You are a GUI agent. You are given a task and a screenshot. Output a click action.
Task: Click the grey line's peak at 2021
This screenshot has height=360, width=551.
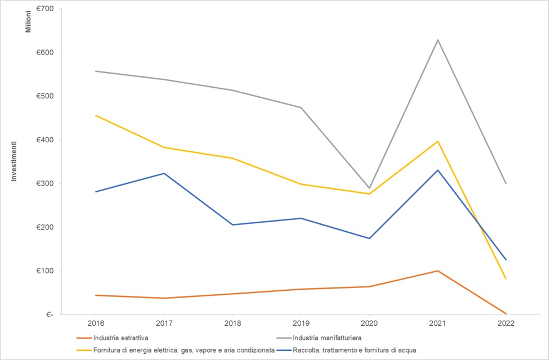[437, 40]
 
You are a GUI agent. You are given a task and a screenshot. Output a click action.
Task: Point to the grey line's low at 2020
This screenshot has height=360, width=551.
[369, 188]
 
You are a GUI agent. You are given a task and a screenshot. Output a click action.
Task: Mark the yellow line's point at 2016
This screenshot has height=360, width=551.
[96, 115]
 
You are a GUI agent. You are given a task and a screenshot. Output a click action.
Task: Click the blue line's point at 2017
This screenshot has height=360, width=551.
[164, 173]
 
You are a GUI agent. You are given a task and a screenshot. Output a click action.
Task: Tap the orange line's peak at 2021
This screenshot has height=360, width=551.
[437, 271]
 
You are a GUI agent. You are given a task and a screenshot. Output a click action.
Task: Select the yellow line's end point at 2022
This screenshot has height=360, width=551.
[506, 278]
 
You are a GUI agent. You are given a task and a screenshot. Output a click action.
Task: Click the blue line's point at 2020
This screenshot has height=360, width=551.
[369, 238]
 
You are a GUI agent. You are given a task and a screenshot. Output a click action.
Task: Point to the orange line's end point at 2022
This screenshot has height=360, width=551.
[506, 313]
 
